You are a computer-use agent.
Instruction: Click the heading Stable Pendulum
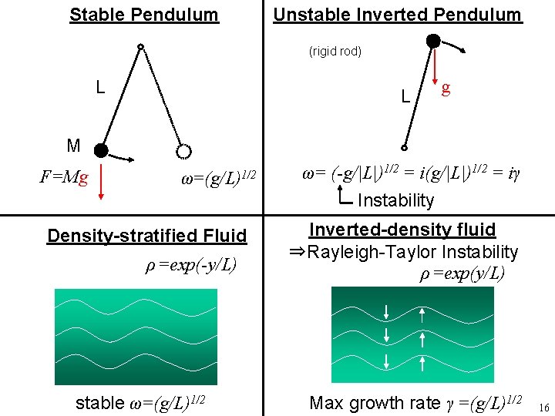point(144,15)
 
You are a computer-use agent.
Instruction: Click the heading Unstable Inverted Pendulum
point(397,15)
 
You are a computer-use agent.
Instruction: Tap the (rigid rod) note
point(335,52)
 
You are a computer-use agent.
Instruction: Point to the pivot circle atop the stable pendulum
point(140,48)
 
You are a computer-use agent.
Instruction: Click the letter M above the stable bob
point(73,145)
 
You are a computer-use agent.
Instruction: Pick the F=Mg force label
point(64,179)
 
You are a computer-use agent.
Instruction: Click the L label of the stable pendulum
point(100,87)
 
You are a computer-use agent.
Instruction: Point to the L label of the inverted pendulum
point(405,97)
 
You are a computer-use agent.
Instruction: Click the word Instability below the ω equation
point(395,200)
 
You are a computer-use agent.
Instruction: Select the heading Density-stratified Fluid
point(146,235)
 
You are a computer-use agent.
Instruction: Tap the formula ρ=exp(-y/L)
point(191,266)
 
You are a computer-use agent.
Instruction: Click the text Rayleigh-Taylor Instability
point(412,252)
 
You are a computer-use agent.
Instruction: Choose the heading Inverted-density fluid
point(402,230)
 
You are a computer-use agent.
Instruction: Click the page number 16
point(543,407)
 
